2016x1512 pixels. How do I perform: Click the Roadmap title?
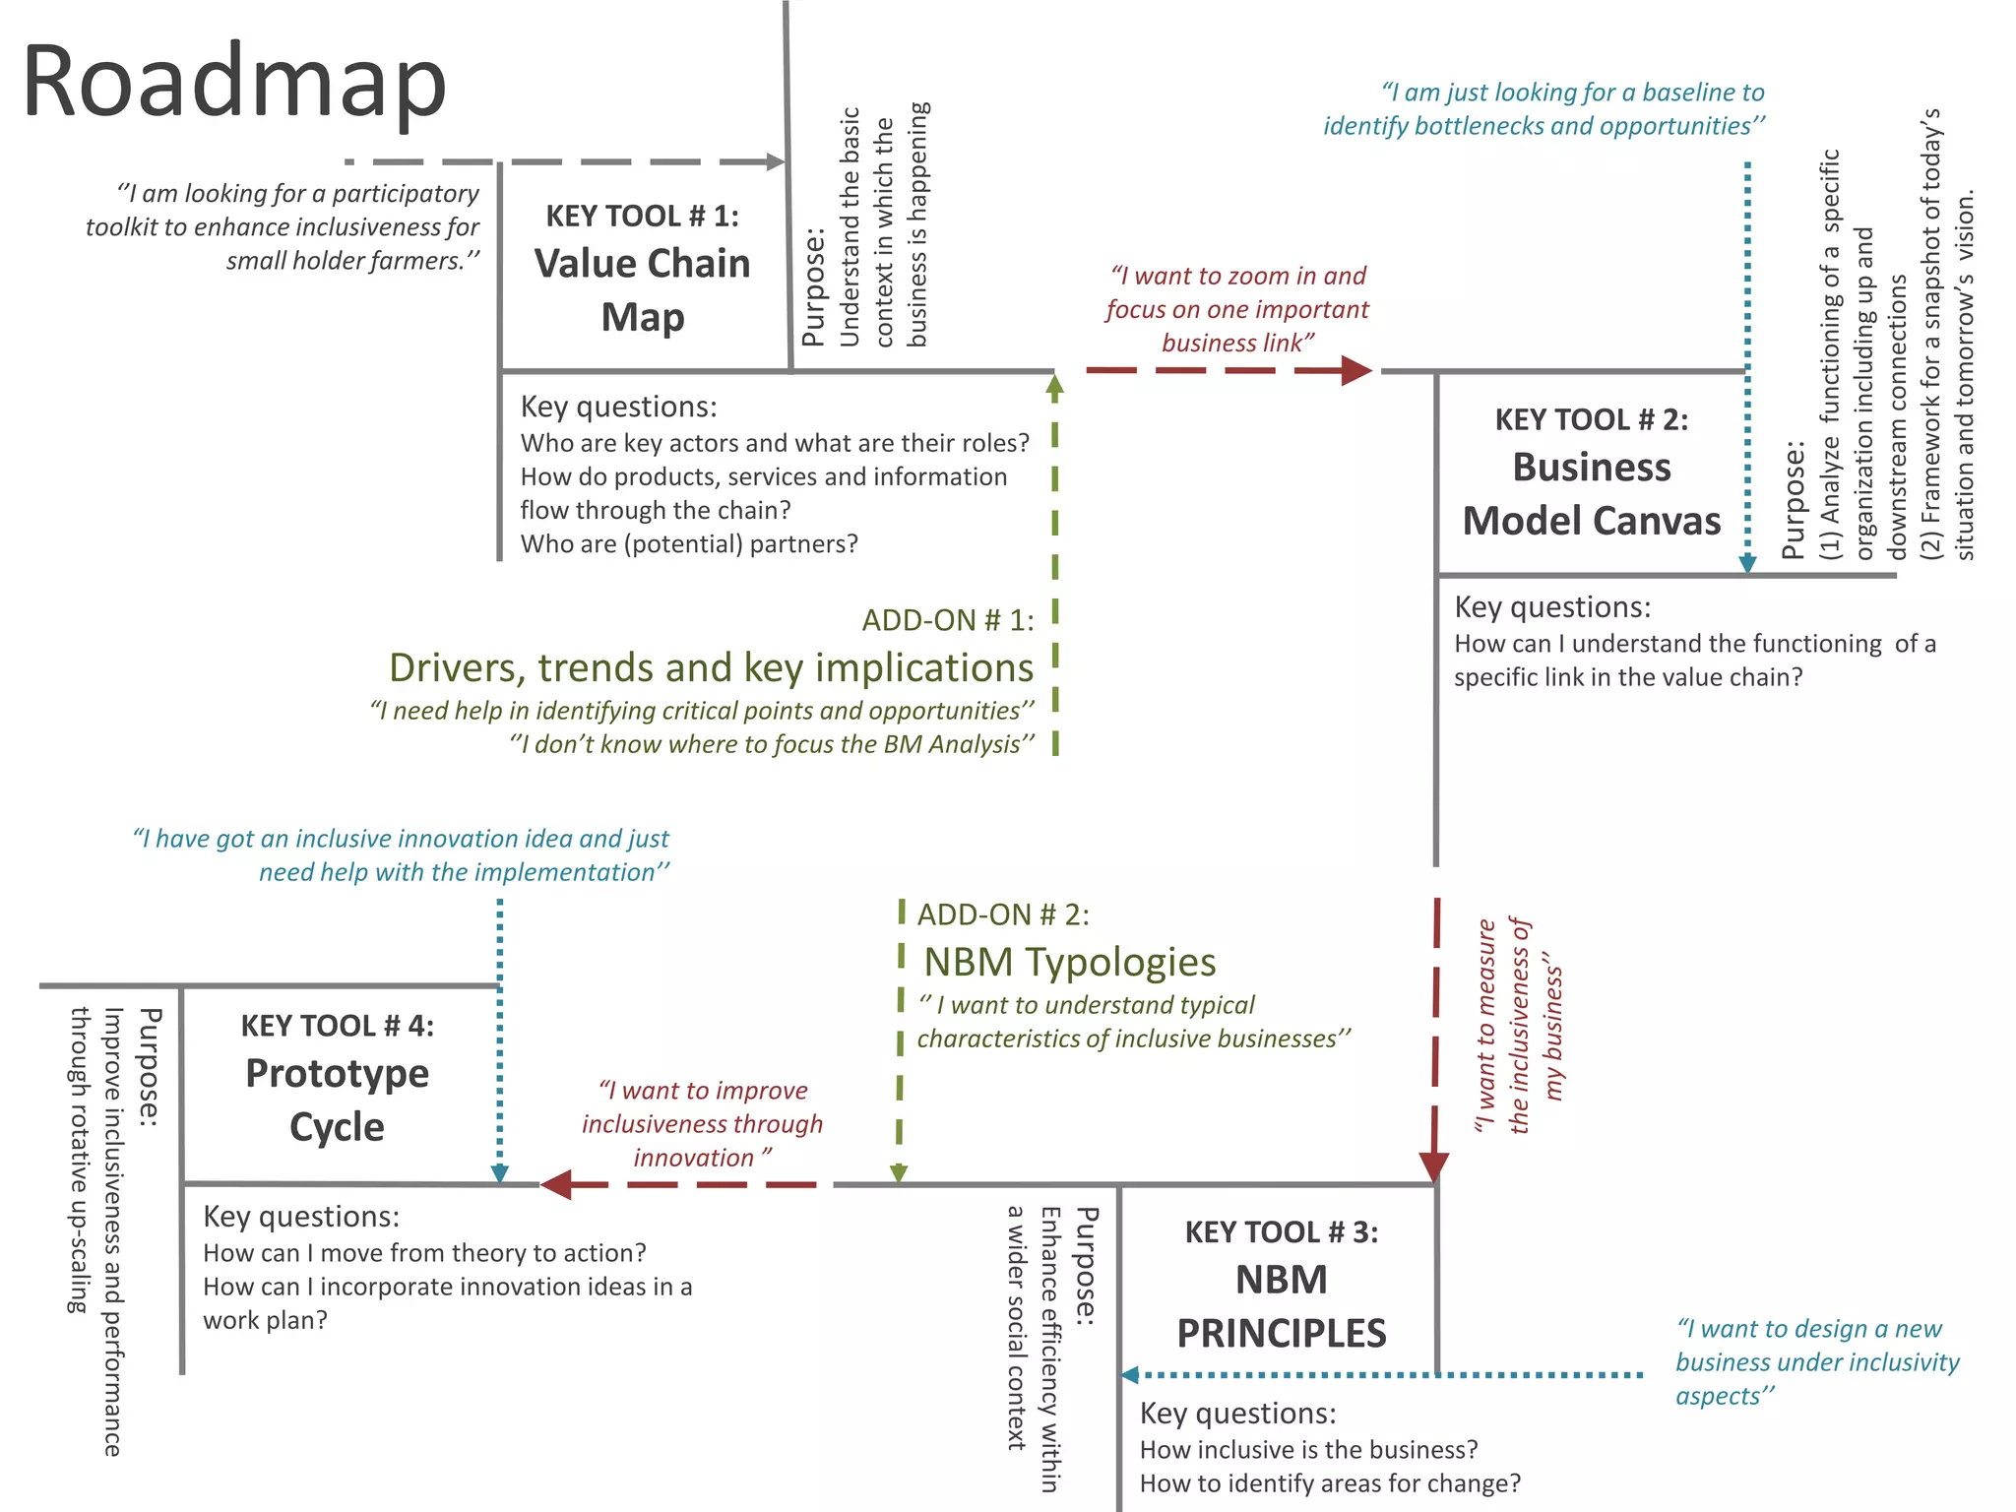pos(234,84)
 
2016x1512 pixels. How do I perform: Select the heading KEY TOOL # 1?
pos(642,216)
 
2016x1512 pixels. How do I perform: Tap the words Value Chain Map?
pos(642,290)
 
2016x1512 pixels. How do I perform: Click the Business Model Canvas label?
pos(1591,494)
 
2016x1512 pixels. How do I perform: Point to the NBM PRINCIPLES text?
pos(1281,1306)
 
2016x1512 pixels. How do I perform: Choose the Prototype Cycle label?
pos(337,1100)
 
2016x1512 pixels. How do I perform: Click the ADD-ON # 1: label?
pos(948,620)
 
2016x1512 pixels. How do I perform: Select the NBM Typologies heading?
pos(1069,962)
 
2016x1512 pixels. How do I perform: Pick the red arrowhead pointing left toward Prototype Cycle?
pos(557,1184)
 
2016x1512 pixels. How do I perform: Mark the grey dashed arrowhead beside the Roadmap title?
pos(776,161)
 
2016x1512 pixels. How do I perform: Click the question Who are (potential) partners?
pos(689,543)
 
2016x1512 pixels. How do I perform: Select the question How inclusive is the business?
pos(1308,1449)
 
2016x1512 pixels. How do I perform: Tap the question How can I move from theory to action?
pos(424,1252)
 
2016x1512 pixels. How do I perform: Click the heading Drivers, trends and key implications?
pos(711,667)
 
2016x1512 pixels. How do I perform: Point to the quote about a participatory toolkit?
pos(283,226)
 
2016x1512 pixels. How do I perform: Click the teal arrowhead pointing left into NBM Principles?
pos(1131,1374)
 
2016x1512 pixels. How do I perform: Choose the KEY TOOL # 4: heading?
pos(337,1026)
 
